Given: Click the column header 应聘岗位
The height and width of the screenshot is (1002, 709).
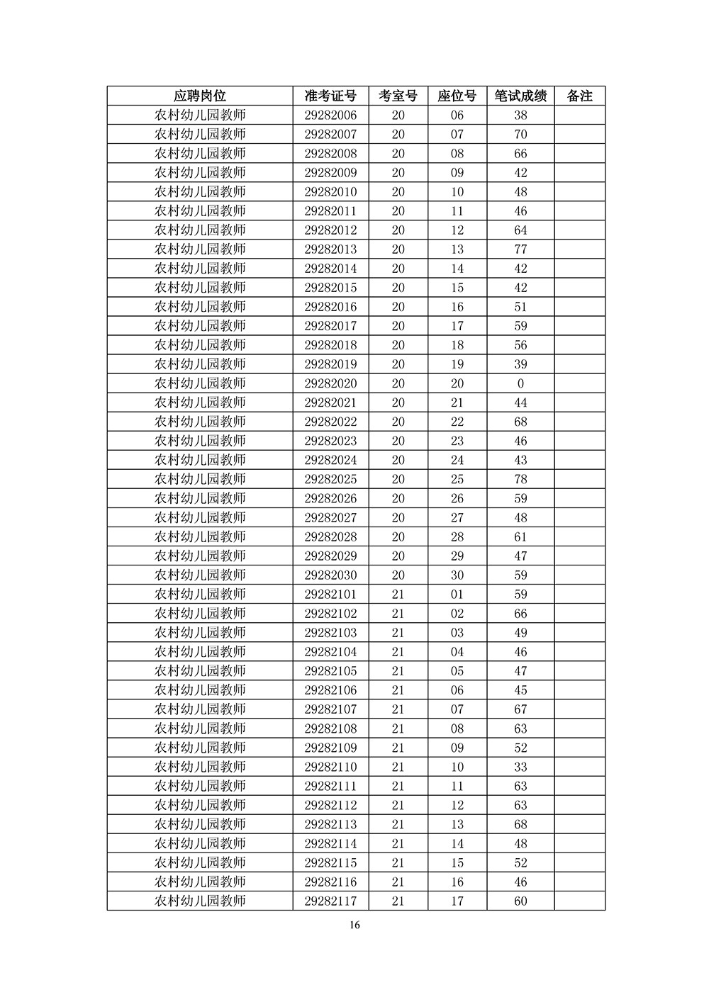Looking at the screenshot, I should point(200,96).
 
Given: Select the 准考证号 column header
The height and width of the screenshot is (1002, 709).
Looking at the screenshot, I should point(330,96).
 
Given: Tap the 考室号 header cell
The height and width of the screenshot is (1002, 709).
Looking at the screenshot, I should point(398,96).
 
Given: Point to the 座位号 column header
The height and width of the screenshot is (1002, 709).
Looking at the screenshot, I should point(457,96).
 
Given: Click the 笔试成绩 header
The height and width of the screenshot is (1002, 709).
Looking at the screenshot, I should point(520,96).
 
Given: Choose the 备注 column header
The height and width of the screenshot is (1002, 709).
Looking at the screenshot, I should point(579,96).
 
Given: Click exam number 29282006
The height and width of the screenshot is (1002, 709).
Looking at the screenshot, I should point(330,116).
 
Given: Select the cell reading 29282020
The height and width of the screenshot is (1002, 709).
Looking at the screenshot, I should point(330,383).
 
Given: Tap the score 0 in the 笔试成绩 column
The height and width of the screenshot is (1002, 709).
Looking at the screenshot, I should point(520,383).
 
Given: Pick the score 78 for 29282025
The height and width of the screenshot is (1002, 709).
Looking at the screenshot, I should point(520,479).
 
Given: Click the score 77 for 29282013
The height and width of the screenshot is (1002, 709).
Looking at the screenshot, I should point(520,249).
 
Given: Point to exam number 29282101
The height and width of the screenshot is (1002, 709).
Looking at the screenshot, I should point(330,594).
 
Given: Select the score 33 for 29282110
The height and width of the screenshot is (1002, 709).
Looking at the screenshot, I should point(520,767).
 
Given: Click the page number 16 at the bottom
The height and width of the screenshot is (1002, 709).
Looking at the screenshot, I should point(355,925).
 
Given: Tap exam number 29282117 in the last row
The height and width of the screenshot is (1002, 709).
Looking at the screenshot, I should point(330,901).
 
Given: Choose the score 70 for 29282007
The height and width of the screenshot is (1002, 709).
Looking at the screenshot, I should point(520,135).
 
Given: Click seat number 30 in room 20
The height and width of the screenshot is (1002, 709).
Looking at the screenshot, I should point(457,575).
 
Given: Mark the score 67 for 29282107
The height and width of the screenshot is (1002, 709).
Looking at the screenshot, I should point(520,709).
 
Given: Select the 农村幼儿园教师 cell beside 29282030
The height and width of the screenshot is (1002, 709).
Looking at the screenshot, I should point(200,575).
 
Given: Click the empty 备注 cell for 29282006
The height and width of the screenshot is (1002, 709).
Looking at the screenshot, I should point(579,116).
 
